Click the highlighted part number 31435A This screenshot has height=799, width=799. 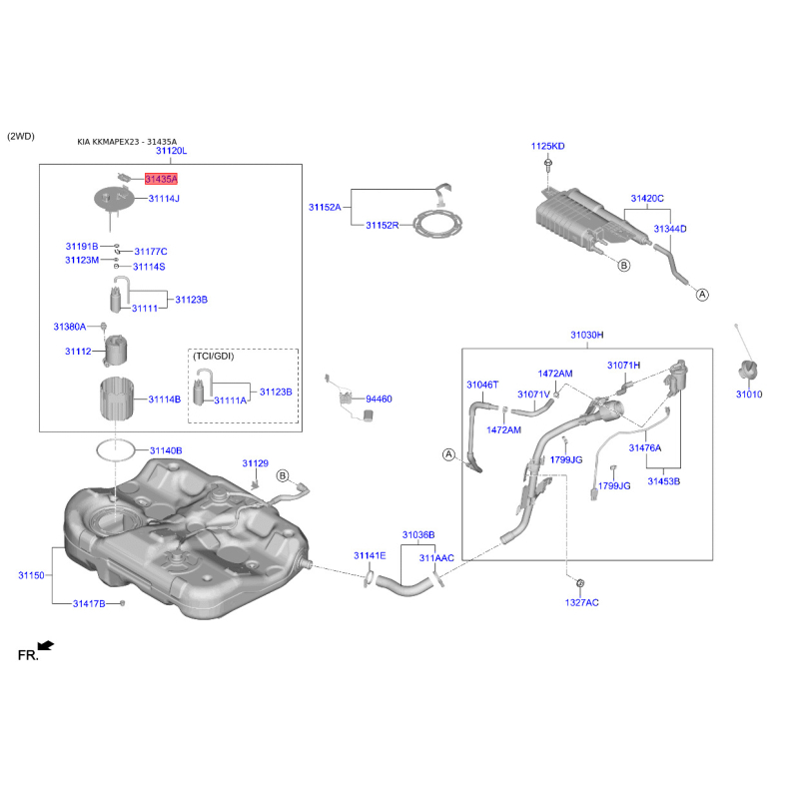(x=161, y=179)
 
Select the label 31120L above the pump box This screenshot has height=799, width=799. (x=171, y=151)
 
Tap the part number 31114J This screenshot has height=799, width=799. (x=164, y=198)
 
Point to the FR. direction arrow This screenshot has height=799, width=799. (x=46, y=645)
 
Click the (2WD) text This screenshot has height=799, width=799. (x=21, y=136)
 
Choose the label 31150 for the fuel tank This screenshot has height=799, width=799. (x=32, y=575)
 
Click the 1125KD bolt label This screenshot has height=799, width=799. (x=547, y=146)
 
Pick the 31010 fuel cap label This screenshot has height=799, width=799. (x=749, y=394)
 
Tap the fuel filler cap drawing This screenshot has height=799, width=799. (x=747, y=370)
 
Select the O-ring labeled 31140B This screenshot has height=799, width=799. (x=116, y=450)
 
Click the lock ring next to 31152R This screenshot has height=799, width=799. (x=437, y=225)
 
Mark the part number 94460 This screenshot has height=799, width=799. (x=379, y=399)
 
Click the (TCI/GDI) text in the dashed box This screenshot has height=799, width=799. (x=214, y=357)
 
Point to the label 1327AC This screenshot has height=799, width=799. (x=582, y=602)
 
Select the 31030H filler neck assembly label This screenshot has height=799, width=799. (x=587, y=335)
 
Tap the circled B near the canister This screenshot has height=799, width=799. (x=623, y=266)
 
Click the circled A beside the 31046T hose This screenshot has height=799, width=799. (x=448, y=454)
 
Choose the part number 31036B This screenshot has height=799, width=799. (x=418, y=535)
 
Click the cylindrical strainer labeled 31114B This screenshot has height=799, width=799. (x=117, y=399)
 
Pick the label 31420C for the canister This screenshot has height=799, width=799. (x=647, y=198)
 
